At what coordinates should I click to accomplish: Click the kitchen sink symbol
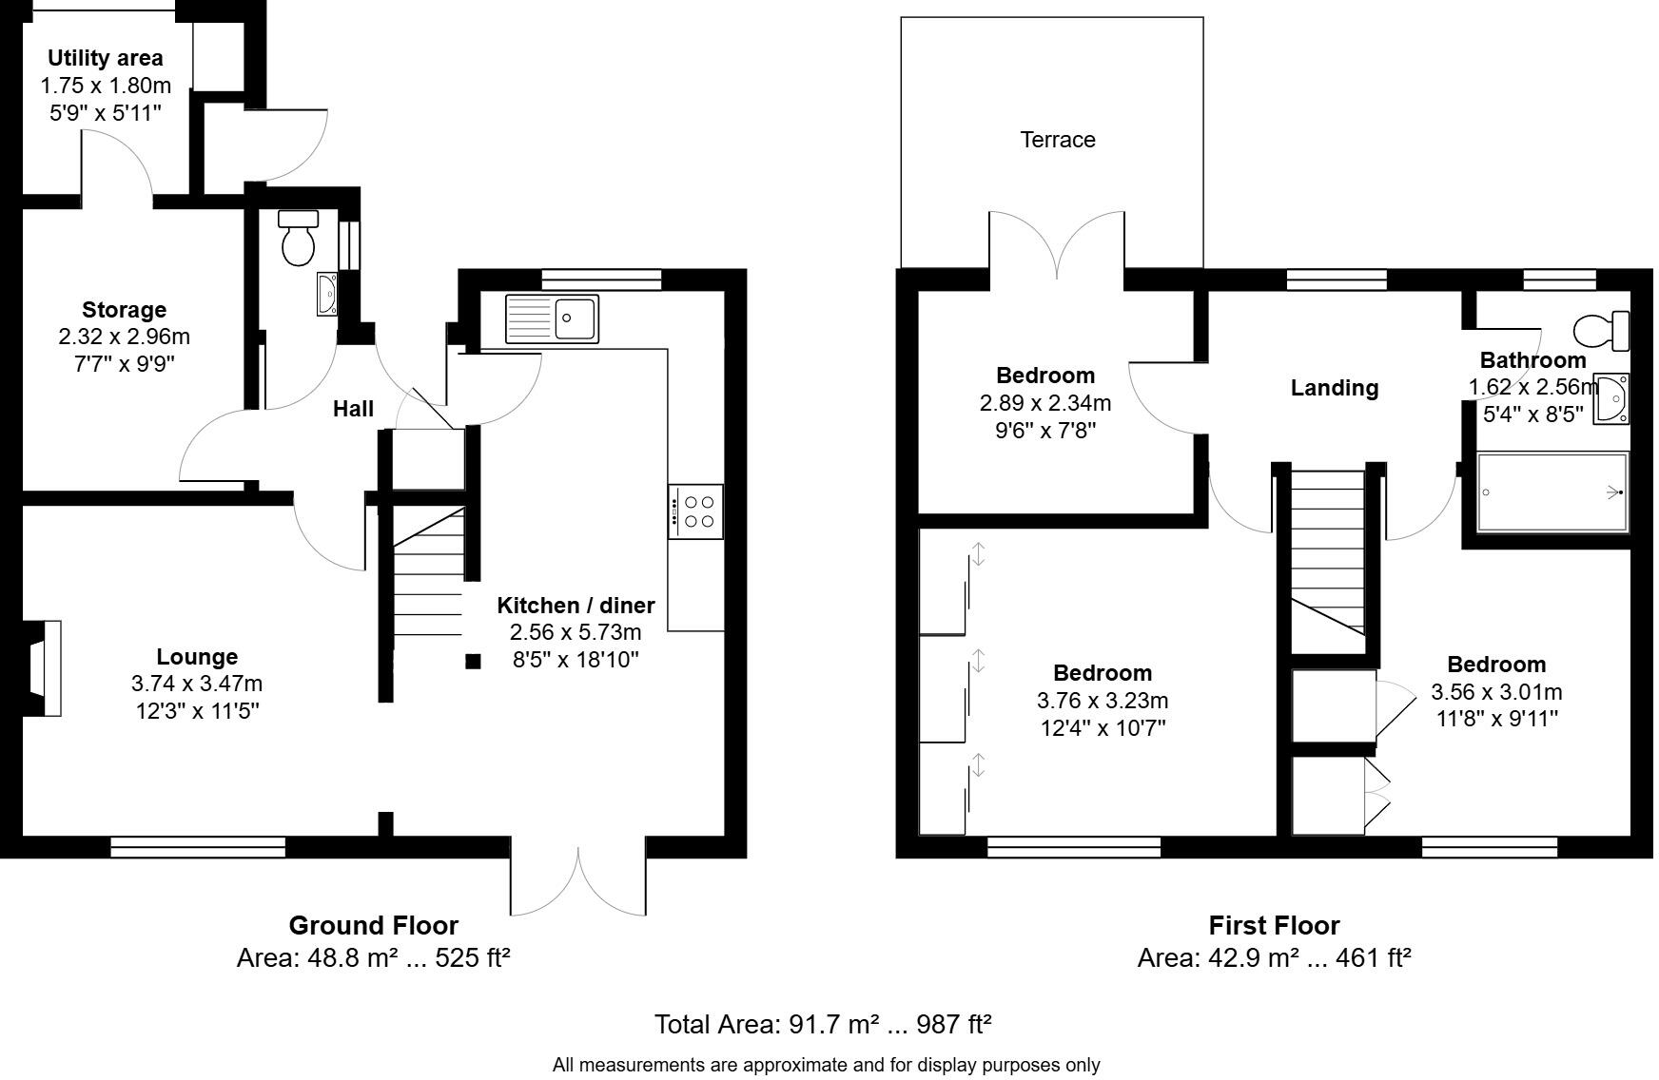[x=552, y=318]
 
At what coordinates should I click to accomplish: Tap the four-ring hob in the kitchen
[x=695, y=511]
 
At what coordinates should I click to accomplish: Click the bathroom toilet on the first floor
[x=1601, y=331]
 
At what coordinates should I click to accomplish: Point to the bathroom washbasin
[x=1611, y=398]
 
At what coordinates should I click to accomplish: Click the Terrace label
[x=1058, y=140]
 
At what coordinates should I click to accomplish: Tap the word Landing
[x=1334, y=388]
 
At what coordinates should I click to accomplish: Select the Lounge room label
[x=197, y=657]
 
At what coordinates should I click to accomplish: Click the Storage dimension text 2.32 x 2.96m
[x=124, y=337]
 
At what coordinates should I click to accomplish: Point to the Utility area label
[x=106, y=58]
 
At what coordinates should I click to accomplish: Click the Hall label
[x=353, y=409]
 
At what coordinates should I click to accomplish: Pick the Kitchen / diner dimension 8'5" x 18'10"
[x=576, y=660]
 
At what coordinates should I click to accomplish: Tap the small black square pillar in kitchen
[x=473, y=662]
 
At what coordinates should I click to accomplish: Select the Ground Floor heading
[x=373, y=925]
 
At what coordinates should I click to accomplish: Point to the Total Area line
[x=823, y=1024]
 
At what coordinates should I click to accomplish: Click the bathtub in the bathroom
[x=1552, y=492]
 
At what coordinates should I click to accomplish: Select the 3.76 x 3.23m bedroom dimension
[x=1103, y=701]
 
